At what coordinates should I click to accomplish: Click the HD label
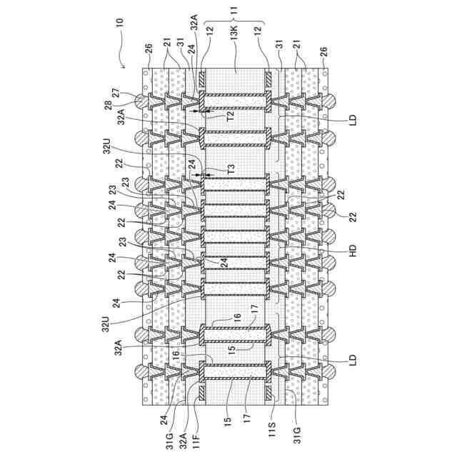(352, 252)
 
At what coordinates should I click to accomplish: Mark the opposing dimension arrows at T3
(204, 175)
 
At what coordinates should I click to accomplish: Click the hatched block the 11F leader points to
(203, 393)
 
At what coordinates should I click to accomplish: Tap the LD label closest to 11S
(352, 361)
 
